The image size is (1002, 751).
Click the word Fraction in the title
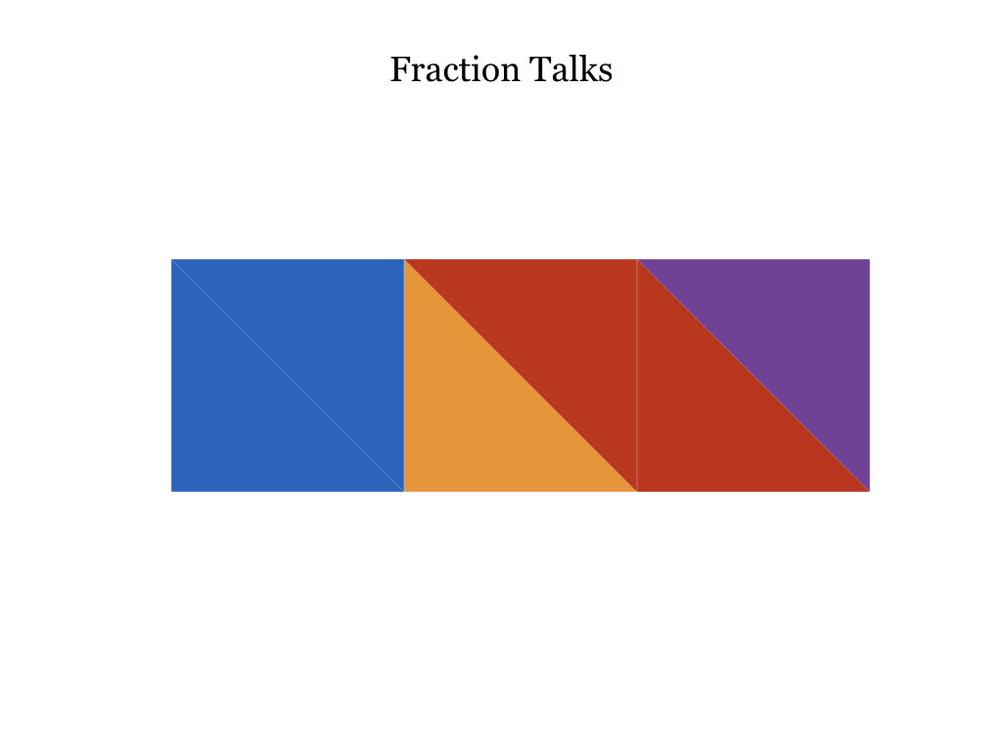[x=454, y=69]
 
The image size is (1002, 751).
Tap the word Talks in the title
[x=570, y=69]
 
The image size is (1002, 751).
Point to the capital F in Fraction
[x=400, y=69]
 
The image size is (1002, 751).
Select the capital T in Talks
[x=540, y=69]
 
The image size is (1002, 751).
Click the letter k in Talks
[x=588, y=69]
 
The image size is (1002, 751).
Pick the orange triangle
[x=481, y=414]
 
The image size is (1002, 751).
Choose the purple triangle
[x=793, y=336]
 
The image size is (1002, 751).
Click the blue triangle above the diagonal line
[x=327, y=336]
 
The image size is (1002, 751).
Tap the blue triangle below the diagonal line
[x=249, y=414]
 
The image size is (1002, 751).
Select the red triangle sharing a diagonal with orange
[x=560, y=336]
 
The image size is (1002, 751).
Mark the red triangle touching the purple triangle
[x=714, y=414]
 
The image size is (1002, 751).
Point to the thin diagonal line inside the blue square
[x=288, y=375]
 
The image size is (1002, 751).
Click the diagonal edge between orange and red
[x=521, y=375]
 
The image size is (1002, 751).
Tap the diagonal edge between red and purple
[x=753, y=375]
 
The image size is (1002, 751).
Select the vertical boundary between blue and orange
[x=404, y=375]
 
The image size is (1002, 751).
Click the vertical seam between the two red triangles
[x=637, y=375]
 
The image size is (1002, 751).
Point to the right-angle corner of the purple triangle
[x=869, y=260]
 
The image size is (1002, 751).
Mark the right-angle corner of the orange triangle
[x=405, y=491]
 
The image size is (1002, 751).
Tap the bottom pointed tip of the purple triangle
[x=869, y=491]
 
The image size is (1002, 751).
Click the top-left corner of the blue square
[x=171, y=259]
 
